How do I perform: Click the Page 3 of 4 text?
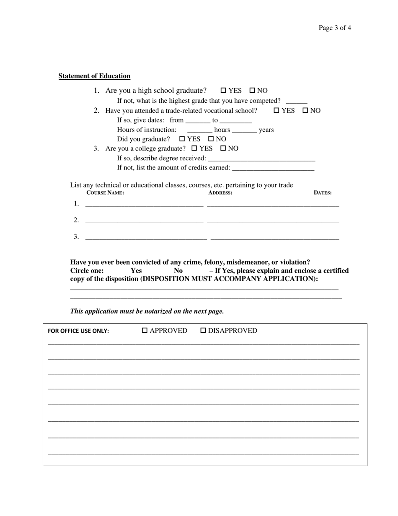(334, 28)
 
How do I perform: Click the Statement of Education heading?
(94, 76)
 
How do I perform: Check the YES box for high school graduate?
(223, 90)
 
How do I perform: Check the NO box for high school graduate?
(252, 90)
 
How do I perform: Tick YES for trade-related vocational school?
(277, 110)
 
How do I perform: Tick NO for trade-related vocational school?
(305, 110)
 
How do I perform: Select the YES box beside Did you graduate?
(182, 138)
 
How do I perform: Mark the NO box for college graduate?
(223, 148)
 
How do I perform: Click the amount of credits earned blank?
(273, 169)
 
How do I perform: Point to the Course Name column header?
(105, 193)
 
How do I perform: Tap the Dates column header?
(323, 193)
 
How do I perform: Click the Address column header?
(220, 193)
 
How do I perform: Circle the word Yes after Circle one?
(136, 271)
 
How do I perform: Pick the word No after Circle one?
(178, 271)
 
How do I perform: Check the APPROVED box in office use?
(145, 331)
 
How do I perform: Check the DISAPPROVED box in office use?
(203, 331)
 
